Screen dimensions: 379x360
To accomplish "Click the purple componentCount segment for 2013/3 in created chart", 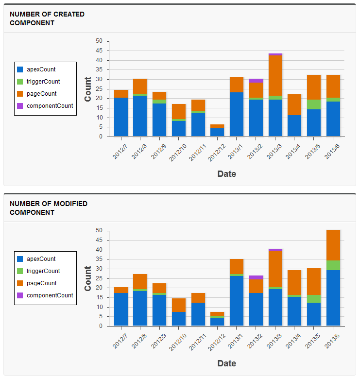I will point(275,54).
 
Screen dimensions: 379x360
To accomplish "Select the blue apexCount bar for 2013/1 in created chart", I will point(237,114).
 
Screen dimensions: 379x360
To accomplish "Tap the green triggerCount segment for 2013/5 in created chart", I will point(314,104).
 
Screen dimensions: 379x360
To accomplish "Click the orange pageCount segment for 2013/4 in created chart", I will point(294,104).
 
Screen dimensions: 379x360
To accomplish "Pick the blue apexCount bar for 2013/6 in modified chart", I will point(333,298).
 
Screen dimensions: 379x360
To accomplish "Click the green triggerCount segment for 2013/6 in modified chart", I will point(333,265).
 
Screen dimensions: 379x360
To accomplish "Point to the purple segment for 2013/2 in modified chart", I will point(256,277).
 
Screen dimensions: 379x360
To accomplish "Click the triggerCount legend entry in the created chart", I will point(43,82).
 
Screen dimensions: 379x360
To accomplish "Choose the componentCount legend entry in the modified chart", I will point(50,295).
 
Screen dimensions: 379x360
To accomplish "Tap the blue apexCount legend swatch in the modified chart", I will point(20,259).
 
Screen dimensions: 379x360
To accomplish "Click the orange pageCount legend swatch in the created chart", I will point(20,94).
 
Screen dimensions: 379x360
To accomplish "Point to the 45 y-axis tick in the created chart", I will point(99,51).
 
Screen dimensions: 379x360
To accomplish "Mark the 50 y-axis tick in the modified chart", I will point(99,230).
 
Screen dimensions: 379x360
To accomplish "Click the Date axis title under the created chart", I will point(226,173).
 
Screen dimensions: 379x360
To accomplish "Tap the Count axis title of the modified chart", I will point(88,278).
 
